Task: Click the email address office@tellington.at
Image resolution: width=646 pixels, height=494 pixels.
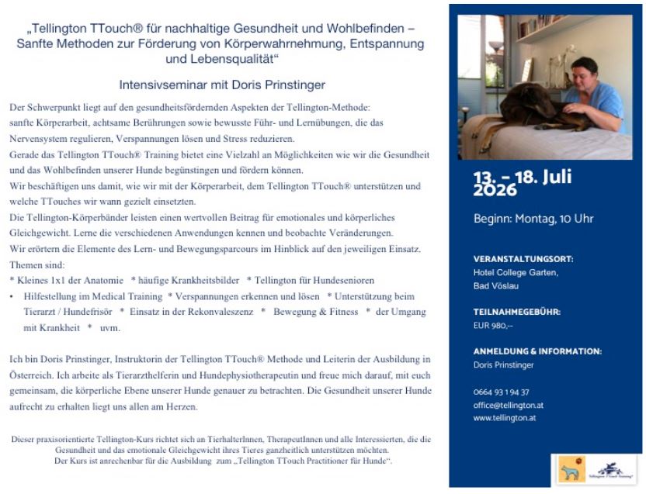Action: click(509, 405)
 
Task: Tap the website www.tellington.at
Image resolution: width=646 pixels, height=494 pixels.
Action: click(504, 418)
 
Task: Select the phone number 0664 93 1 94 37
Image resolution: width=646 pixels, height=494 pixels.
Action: click(502, 392)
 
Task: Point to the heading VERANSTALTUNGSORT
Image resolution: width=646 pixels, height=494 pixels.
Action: click(523, 259)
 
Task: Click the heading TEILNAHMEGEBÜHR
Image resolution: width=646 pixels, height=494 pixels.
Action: click(516, 312)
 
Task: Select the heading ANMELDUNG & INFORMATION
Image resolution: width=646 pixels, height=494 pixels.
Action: click(537, 351)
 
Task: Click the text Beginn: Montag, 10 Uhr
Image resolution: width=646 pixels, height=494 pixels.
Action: click(533, 219)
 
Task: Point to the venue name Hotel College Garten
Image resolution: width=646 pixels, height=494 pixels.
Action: click(516, 272)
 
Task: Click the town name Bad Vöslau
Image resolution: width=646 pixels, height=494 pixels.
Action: click(497, 285)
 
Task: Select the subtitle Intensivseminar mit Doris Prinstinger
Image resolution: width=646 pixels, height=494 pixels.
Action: click(222, 85)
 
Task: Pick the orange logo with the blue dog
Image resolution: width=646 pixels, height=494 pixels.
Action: click(572, 468)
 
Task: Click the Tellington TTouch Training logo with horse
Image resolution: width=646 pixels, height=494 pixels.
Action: click(612, 468)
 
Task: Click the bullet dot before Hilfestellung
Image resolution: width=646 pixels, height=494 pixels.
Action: click(12, 296)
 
